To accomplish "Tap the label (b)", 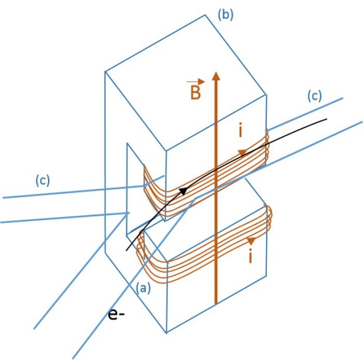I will [224, 14].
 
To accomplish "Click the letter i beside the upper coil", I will [240, 131].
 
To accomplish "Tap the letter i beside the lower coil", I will [251, 257].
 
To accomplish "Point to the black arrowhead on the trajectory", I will [183, 191].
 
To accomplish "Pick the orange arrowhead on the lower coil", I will [252, 241].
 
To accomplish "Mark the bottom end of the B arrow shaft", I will [216, 302].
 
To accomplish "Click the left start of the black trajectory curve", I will [126, 250].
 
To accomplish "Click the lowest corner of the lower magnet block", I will [167, 332].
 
